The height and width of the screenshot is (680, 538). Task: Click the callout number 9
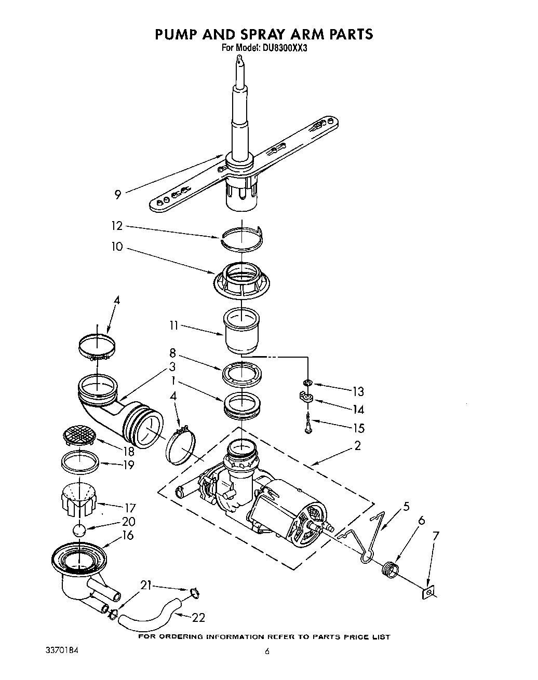(x=118, y=195)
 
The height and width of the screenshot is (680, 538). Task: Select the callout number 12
(x=117, y=226)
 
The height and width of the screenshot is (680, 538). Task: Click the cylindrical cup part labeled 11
(x=241, y=330)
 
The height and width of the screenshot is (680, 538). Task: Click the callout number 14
(x=358, y=410)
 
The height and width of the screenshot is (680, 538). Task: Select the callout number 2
(x=357, y=445)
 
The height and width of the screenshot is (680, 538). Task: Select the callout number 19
(x=128, y=465)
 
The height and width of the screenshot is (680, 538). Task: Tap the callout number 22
(x=198, y=617)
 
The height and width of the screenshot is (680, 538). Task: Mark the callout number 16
(x=128, y=535)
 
